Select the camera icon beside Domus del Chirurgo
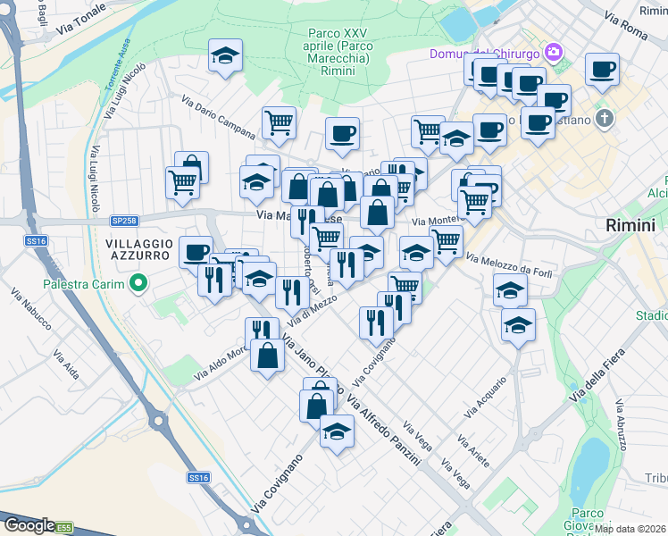tap(554, 53)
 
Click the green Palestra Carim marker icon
tap(138, 285)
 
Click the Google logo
tap(29, 526)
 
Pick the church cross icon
tap(605, 119)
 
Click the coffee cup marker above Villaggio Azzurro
tap(196, 252)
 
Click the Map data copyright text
tap(630, 528)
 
